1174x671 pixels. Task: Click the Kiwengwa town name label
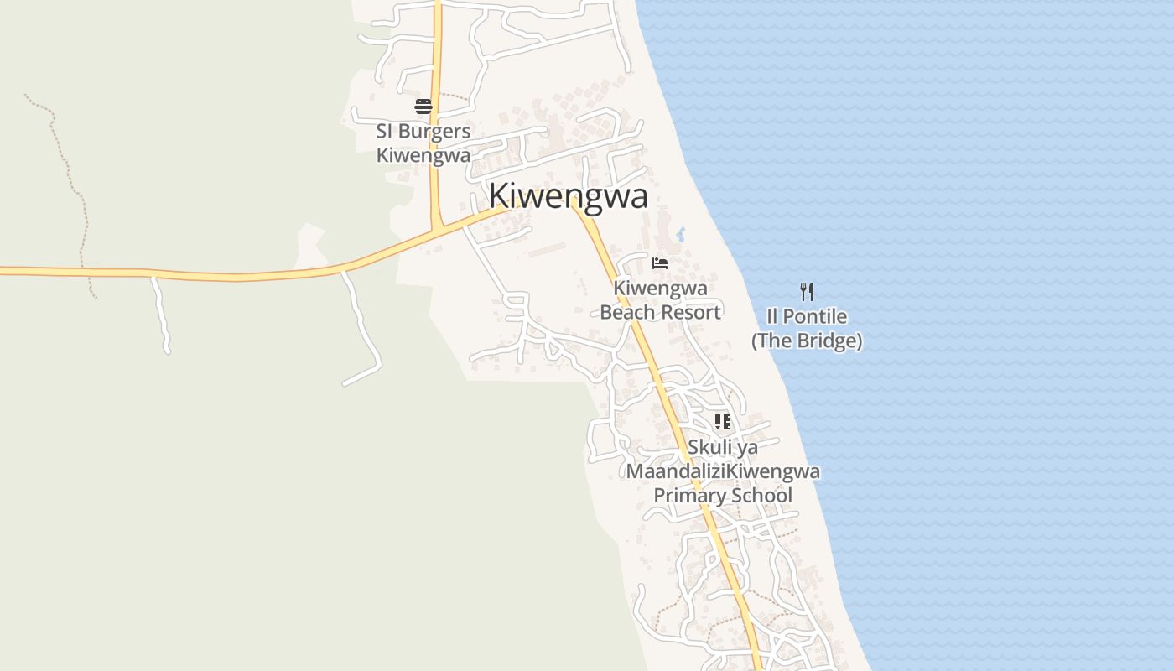tap(568, 196)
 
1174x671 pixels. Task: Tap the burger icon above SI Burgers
tap(423, 107)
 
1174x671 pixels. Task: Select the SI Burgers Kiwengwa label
tap(423, 143)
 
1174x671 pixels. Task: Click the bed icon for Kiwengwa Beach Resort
tap(660, 263)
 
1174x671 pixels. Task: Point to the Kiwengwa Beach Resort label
tap(660, 300)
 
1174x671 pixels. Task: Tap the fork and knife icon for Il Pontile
tap(807, 292)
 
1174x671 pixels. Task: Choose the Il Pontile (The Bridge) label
tap(807, 329)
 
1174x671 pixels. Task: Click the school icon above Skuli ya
tap(722, 422)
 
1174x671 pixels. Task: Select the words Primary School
tap(723, 495)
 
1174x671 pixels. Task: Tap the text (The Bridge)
tap(807, 341)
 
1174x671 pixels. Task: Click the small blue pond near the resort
tap(680, 234)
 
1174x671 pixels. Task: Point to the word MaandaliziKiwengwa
tap(723, 471)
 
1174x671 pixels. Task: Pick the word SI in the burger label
tap(384, 132)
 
